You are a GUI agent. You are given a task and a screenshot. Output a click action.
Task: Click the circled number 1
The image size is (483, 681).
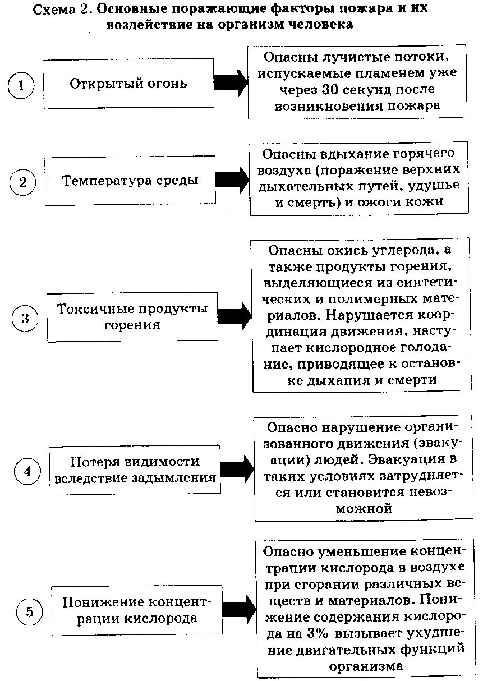tap(21, 86)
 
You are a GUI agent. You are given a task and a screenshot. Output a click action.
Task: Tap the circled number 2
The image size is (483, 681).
tap(23, 183)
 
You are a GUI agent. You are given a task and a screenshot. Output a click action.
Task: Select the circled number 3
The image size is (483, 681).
tap(25, 319)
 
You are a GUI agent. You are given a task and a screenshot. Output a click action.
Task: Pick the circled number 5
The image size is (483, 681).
tap(30, 612)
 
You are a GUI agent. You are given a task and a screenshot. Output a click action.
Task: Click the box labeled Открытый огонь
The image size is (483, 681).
tap(128, 84)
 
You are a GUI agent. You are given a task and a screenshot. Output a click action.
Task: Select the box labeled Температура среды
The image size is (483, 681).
tap(130, 181)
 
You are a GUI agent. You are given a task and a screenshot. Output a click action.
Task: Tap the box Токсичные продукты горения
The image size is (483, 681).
tap(132, 316)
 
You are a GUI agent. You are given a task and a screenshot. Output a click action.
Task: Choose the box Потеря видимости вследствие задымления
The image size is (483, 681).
tap(135, 470)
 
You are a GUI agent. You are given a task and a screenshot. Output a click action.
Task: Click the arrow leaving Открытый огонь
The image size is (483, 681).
tap(231, 84)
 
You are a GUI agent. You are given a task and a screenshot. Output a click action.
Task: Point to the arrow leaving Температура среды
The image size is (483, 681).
tap(232, 180)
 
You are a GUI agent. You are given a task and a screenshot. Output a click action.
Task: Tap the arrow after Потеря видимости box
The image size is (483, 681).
tap(237, 470)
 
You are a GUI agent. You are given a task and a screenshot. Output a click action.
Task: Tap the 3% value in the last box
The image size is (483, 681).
tap(318, 634)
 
